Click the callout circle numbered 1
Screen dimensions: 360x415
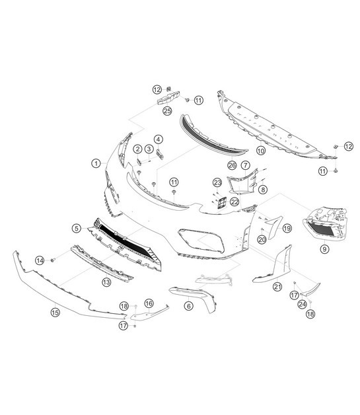pos(96,163)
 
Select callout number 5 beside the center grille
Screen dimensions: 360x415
pos(77,228)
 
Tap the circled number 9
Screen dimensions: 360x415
pos(324,248)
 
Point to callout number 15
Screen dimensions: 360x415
pos(55,313)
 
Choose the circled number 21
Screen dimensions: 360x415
pos(277,286)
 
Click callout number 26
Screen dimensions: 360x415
pos(232,165)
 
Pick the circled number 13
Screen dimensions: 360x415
pos(106,282)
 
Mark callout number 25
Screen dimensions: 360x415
pos(167,110)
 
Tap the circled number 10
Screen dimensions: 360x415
pos(261,151)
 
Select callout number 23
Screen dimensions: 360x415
pos(217,182)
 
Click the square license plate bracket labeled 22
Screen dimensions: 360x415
pos(222,202)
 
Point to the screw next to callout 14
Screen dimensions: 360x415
pos(53,260)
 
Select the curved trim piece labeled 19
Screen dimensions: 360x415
pos(274,226)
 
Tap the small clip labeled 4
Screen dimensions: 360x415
pos(159,154)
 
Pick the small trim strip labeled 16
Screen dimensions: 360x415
pos(149,314)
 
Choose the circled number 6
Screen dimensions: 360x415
pos(189,306)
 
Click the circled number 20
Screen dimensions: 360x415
pos(262,239)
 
